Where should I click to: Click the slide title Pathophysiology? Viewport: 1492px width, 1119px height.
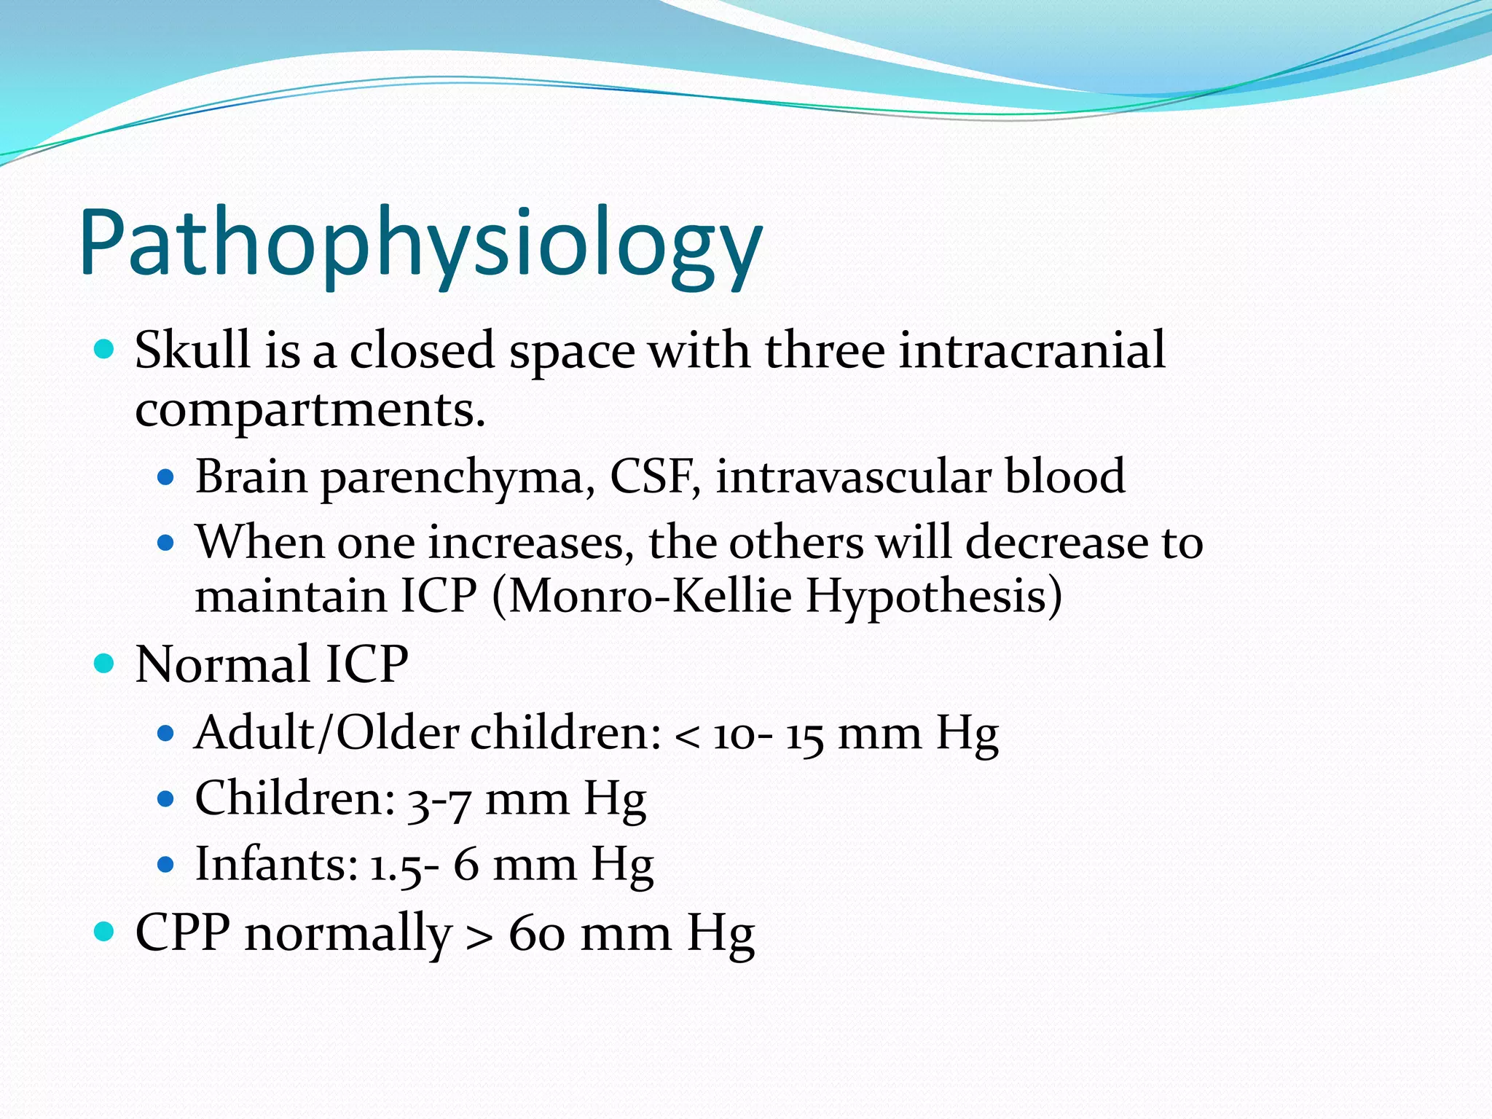pyautogui.click(x=421, y=244)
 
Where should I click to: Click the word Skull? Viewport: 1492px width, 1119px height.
pyautogui.click(x=192, y=350)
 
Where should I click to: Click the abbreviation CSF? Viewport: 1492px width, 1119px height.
pyautogui.click(x=651, y=477)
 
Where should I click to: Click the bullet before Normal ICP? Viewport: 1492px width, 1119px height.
pyautogui.click(x=105, y=664)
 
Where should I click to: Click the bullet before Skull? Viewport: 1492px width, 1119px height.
pyautogui.click(x=105, y=350)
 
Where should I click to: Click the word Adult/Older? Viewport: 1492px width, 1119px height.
pyautogui.click(x=326, y=733)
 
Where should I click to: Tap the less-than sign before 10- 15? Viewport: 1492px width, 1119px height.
pyautogui.click(x=686, y=737)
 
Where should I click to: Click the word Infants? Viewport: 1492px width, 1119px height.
pyautogui.click(x=276, y=865)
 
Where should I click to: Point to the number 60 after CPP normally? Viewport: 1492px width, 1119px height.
pyautogui.click(x=537, y=934)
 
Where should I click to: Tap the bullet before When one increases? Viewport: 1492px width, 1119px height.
pyautogui.click(x=166, y=543)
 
